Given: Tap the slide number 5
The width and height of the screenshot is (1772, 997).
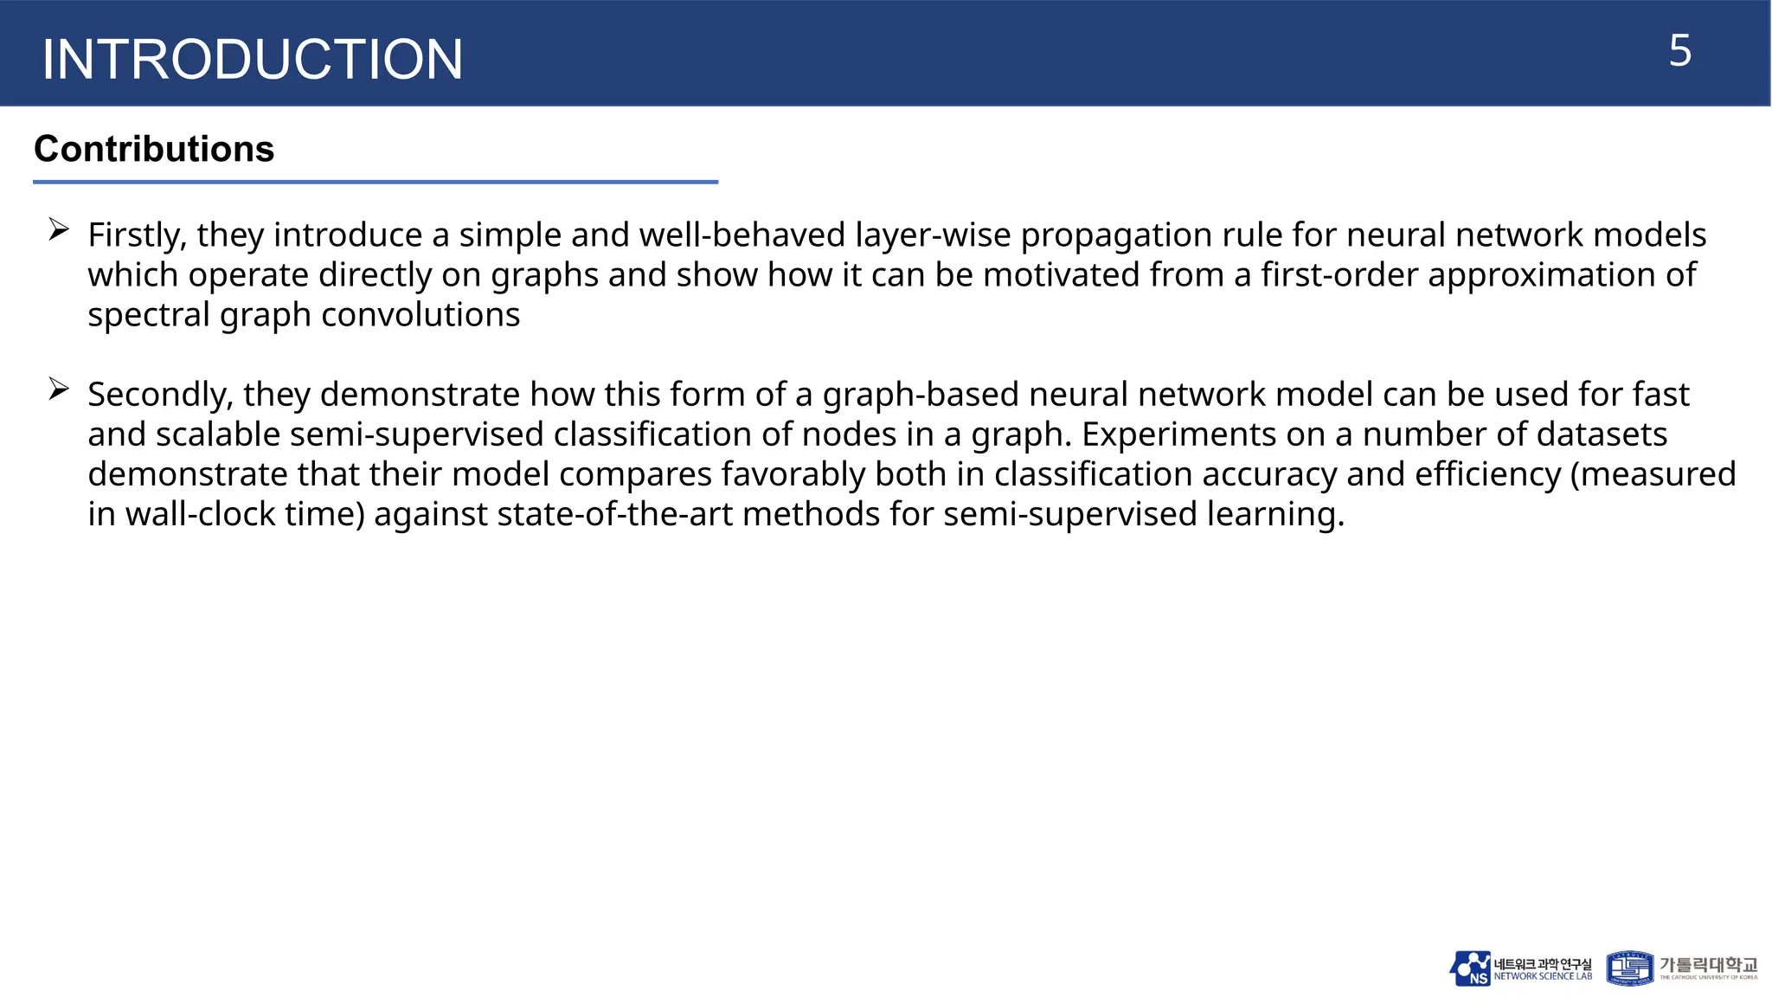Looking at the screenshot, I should [1679, 51].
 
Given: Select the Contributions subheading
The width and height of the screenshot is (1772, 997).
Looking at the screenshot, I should [154, 149].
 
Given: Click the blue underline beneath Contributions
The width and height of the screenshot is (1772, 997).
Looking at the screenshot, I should [376, 182].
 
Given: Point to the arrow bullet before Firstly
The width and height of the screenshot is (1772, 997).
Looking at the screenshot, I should [59, 230].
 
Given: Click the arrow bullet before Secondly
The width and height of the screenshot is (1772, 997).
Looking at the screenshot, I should [59, 389].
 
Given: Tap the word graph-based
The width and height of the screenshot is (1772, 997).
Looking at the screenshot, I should [920, 395].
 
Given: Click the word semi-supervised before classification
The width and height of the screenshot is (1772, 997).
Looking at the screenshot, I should [416, 434].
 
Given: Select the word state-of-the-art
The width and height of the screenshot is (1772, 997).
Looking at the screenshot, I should [615, 514].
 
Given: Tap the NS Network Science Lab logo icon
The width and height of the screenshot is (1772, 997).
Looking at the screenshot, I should [1470, 968].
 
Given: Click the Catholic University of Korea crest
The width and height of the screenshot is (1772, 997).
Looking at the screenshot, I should [1629, 968].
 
